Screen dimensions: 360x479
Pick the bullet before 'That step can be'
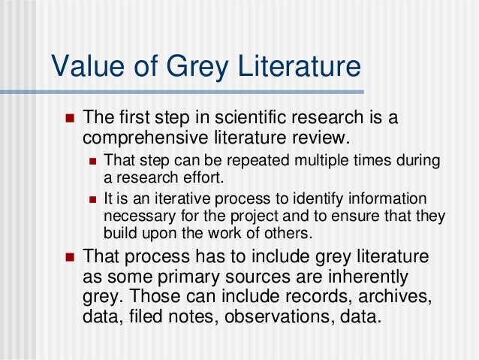point(94,161)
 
